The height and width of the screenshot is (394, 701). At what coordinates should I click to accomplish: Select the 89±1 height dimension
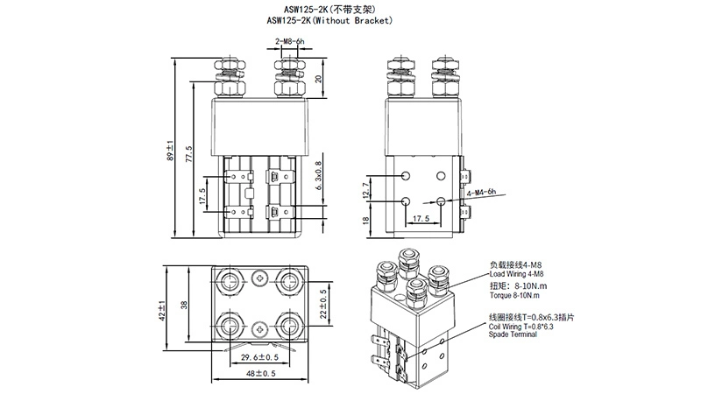(170, 151)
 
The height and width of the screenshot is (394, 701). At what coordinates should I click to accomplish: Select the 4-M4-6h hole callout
(481, 192)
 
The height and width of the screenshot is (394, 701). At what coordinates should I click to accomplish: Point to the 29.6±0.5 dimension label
(260, 356)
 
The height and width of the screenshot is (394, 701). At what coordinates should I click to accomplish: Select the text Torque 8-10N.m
(517, 295)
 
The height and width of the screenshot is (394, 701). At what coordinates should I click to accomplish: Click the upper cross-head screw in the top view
(260, 279)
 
